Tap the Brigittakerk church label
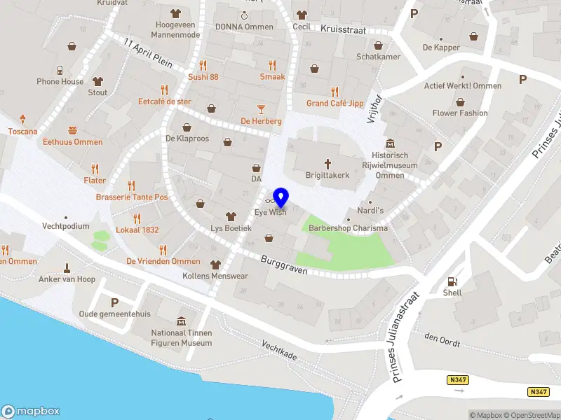pyautogui.click(x=327, y=175)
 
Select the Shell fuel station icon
pyautogui.click(x=452, y=281)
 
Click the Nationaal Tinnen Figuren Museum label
pyautogui.click(x=182, y=338)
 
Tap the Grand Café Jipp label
pyautogui.click(x=335, y=104)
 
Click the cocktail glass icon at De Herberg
pyautogui.click(x=261, y=108)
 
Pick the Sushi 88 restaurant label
pyautogui.click(x=203, y=77)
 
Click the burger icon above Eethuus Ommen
pyautogui.click(x=72, y=130)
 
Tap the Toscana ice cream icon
pyautogui.click(x=22, y=119)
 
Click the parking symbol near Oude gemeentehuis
pyautogui.click(x=114, y=302)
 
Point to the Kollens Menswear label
pyautogui.click(x=215, y=275)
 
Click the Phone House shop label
pyautogui.click(x=60, y=82)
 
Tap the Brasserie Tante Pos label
pyautogui.click(x=132, y=197)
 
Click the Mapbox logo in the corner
pyautogui.click(x=31, y=411)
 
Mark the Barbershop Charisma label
pyautogui.click(x=348, y=228)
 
